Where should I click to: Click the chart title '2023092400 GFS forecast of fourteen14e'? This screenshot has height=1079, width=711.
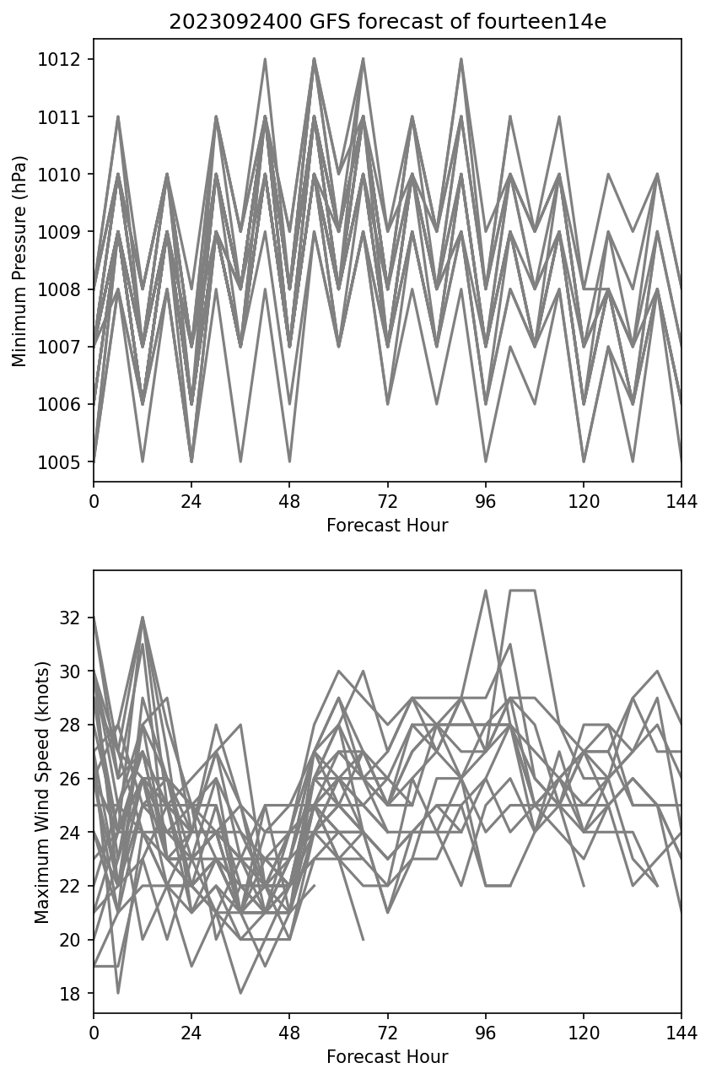tap(387, 22)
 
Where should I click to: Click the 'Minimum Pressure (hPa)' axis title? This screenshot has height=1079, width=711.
tap(20, 261)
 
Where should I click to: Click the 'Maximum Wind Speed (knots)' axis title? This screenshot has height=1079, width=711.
tap(42, 792)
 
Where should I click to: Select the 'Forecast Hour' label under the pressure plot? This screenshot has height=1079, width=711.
tap(387, 526)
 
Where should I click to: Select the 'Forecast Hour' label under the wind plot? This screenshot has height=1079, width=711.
tap(387, 1057)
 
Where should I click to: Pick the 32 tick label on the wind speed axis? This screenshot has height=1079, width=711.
tap(75, 618)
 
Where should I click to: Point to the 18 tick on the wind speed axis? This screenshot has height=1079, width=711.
tap(75, 994)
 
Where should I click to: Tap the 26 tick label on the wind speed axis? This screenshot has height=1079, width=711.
tap(75, 779)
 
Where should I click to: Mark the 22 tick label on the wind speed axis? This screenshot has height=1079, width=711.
tap(75, 887)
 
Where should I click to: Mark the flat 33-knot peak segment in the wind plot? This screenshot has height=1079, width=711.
tap(522, 591)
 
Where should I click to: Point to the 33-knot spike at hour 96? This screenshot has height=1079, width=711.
tap(485, 591)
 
